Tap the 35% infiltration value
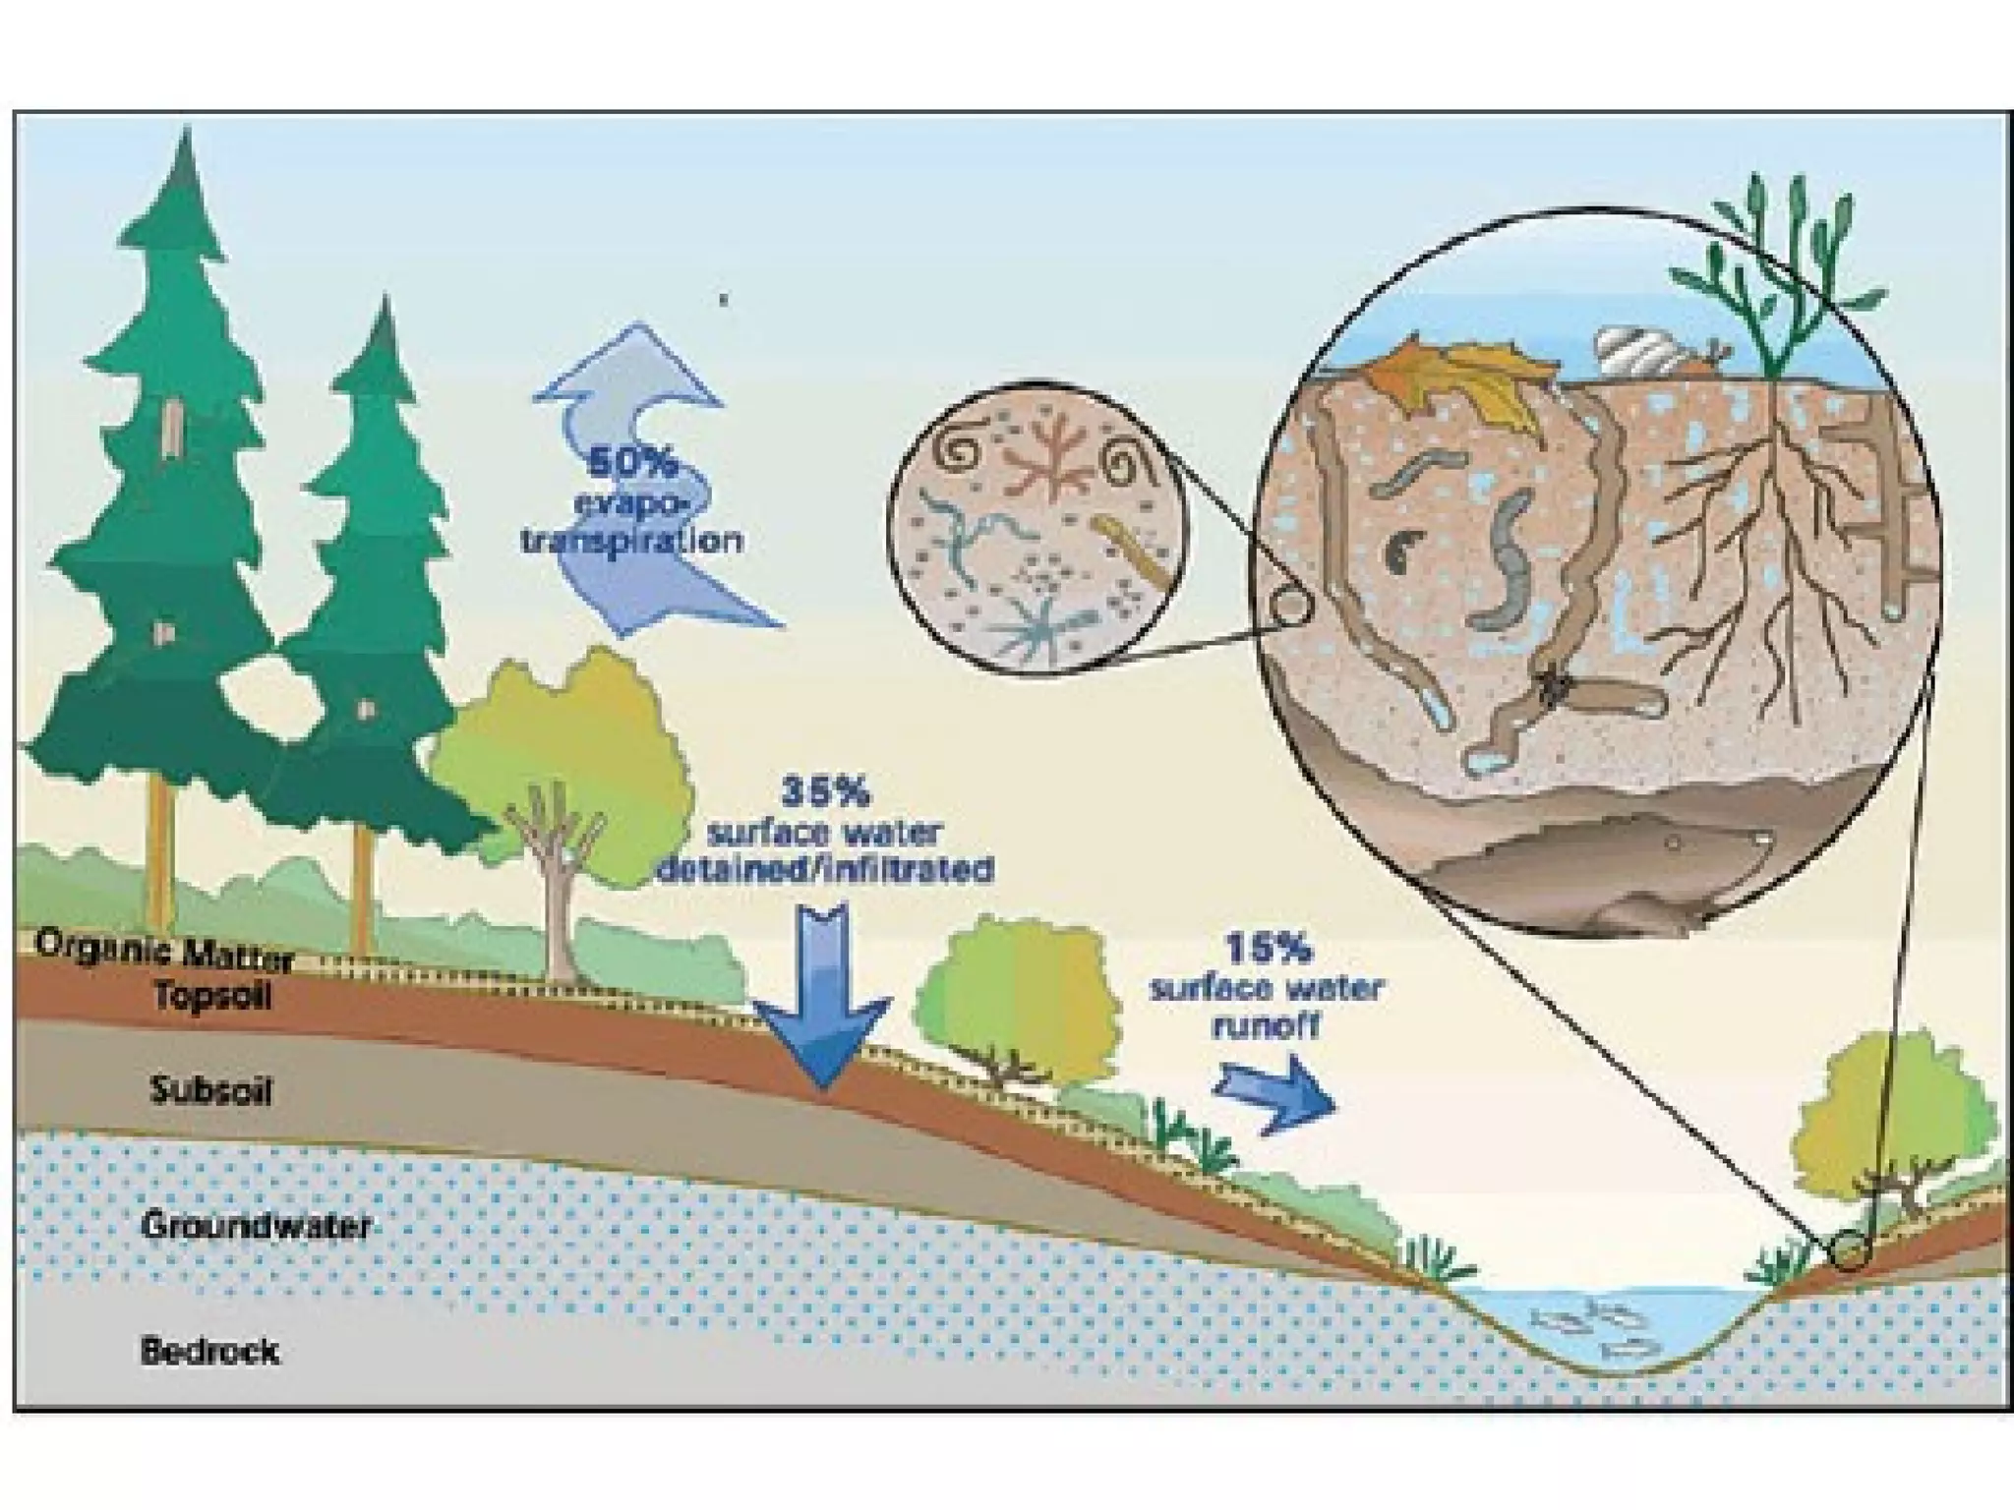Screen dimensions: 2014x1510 824,791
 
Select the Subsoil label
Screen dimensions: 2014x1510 211,1090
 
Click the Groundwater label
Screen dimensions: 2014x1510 256,1225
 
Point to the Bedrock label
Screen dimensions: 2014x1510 209,1351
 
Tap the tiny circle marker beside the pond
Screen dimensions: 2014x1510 1850,1250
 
